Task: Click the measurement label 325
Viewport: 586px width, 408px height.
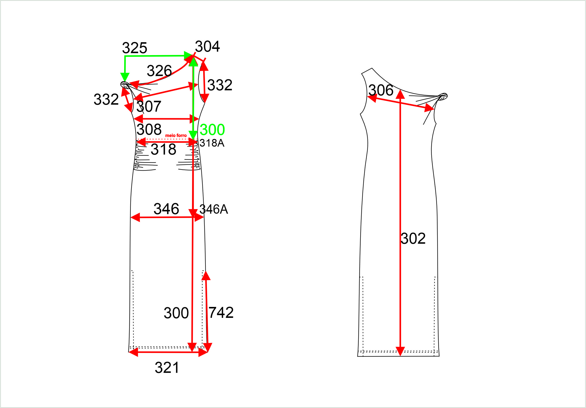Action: tap(134, 48)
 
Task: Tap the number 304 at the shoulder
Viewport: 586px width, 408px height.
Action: tap(207, 46)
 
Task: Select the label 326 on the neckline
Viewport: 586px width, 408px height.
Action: tap(159, 71)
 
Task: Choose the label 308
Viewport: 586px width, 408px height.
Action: tap(149, 129)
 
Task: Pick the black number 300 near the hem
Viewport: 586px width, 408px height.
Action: tap(176, 313)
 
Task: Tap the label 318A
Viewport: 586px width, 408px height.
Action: tap(212, 143)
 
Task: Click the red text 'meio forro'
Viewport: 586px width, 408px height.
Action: tap(176, 136)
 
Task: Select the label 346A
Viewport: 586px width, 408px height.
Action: tap(214, 209)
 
